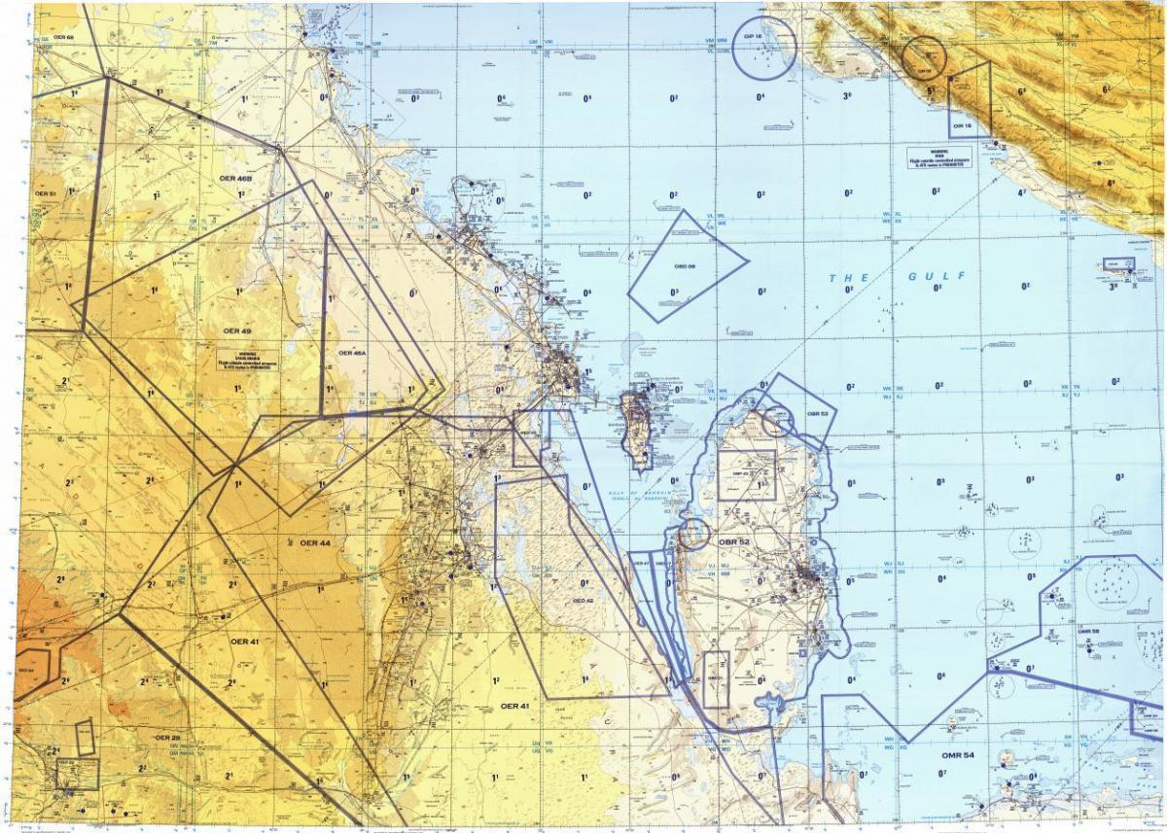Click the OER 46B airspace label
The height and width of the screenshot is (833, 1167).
[236, 180]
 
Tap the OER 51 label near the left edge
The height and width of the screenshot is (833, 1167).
[46, 194]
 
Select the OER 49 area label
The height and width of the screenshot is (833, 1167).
[237, 330]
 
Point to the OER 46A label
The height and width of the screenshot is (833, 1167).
[352, 353]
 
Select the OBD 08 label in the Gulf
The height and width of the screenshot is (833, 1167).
[685, 266]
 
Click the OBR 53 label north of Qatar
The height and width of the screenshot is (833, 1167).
[817, 413]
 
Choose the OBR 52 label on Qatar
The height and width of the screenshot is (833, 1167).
[734, 541]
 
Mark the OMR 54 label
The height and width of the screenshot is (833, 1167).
[957, 755]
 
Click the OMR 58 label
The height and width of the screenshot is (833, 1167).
[1088, 631]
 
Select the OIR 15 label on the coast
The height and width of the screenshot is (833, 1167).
[962, 126]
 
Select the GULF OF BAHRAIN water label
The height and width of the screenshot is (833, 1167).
[637, 495]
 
